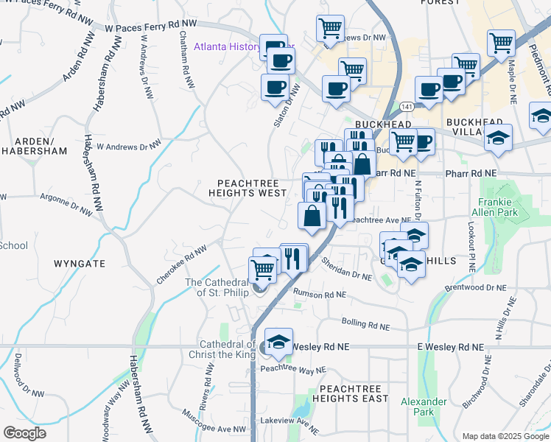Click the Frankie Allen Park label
(495, 206)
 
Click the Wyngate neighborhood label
(80, 263)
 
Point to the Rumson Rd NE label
(320, 294)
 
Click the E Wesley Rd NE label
(450, 346)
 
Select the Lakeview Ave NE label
(289, 425)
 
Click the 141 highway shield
(407, 106)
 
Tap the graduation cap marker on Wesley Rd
(278, 341)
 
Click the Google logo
(24, 433)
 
